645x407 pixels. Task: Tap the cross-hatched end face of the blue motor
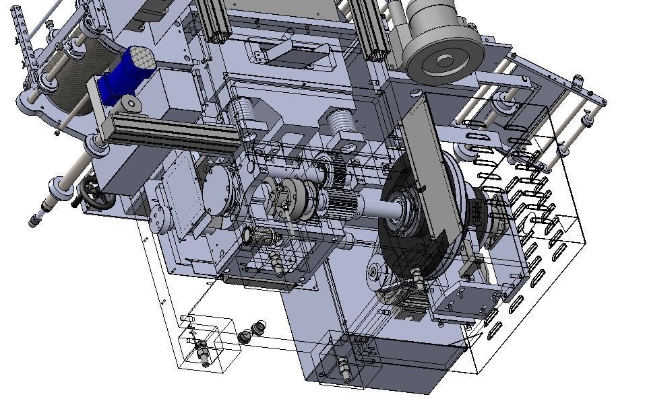click(x=141, y=59)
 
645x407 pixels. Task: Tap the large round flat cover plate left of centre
click(x=220, y=190)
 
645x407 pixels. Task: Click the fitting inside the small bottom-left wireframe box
click(x=202, y=349)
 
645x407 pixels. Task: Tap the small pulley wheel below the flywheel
click(x=375, y=272)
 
